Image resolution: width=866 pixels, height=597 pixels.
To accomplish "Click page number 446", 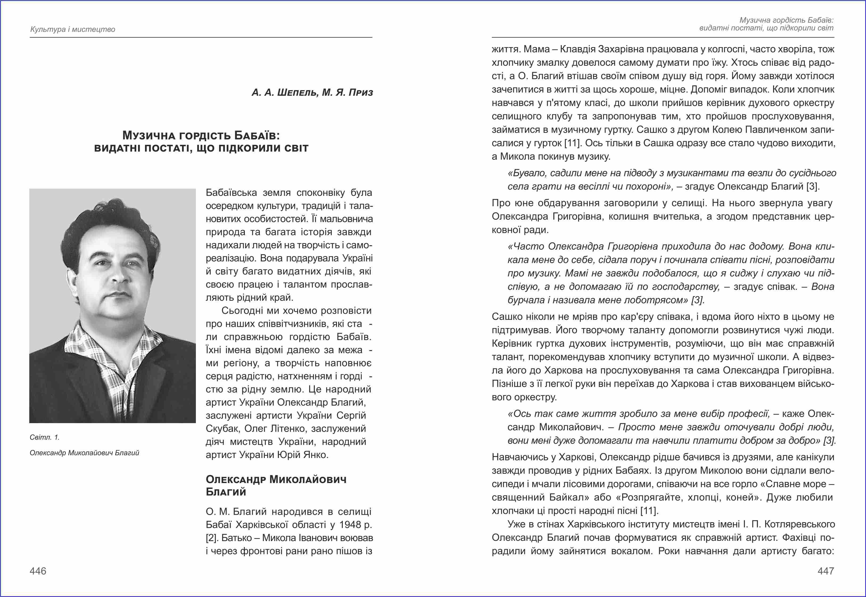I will point(38,571).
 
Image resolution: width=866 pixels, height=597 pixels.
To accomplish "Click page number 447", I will point(826,571).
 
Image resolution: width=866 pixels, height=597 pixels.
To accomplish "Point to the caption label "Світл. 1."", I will point(44,437).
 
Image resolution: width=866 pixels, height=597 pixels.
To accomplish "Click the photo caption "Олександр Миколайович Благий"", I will point(84,453).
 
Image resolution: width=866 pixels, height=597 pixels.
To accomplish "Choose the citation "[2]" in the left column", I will point(212,538).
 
